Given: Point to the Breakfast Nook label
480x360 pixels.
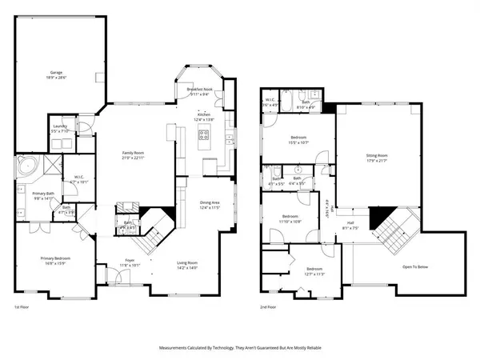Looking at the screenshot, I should click(199, 90).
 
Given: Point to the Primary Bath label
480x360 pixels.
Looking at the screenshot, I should click(43, 194).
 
